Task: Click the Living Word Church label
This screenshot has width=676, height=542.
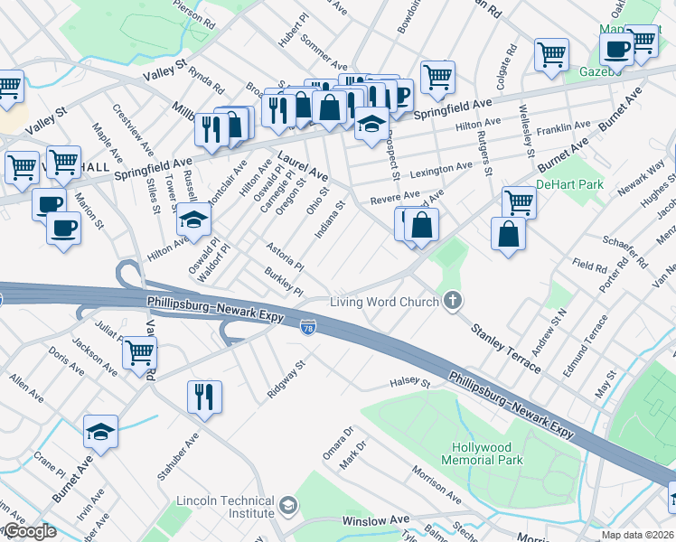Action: click(383, 302)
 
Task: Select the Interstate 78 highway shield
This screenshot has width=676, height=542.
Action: click(308, 325)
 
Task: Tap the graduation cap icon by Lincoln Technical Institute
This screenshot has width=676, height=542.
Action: click(287, 504)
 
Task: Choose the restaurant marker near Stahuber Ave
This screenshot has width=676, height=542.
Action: click(204, 396)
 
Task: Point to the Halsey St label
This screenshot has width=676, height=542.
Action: click(408, 382)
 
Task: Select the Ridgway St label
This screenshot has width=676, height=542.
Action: click(287, 381)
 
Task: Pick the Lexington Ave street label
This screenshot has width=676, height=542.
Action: click(442, 169)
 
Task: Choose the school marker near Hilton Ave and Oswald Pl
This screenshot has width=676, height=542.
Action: click(192, 220)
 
